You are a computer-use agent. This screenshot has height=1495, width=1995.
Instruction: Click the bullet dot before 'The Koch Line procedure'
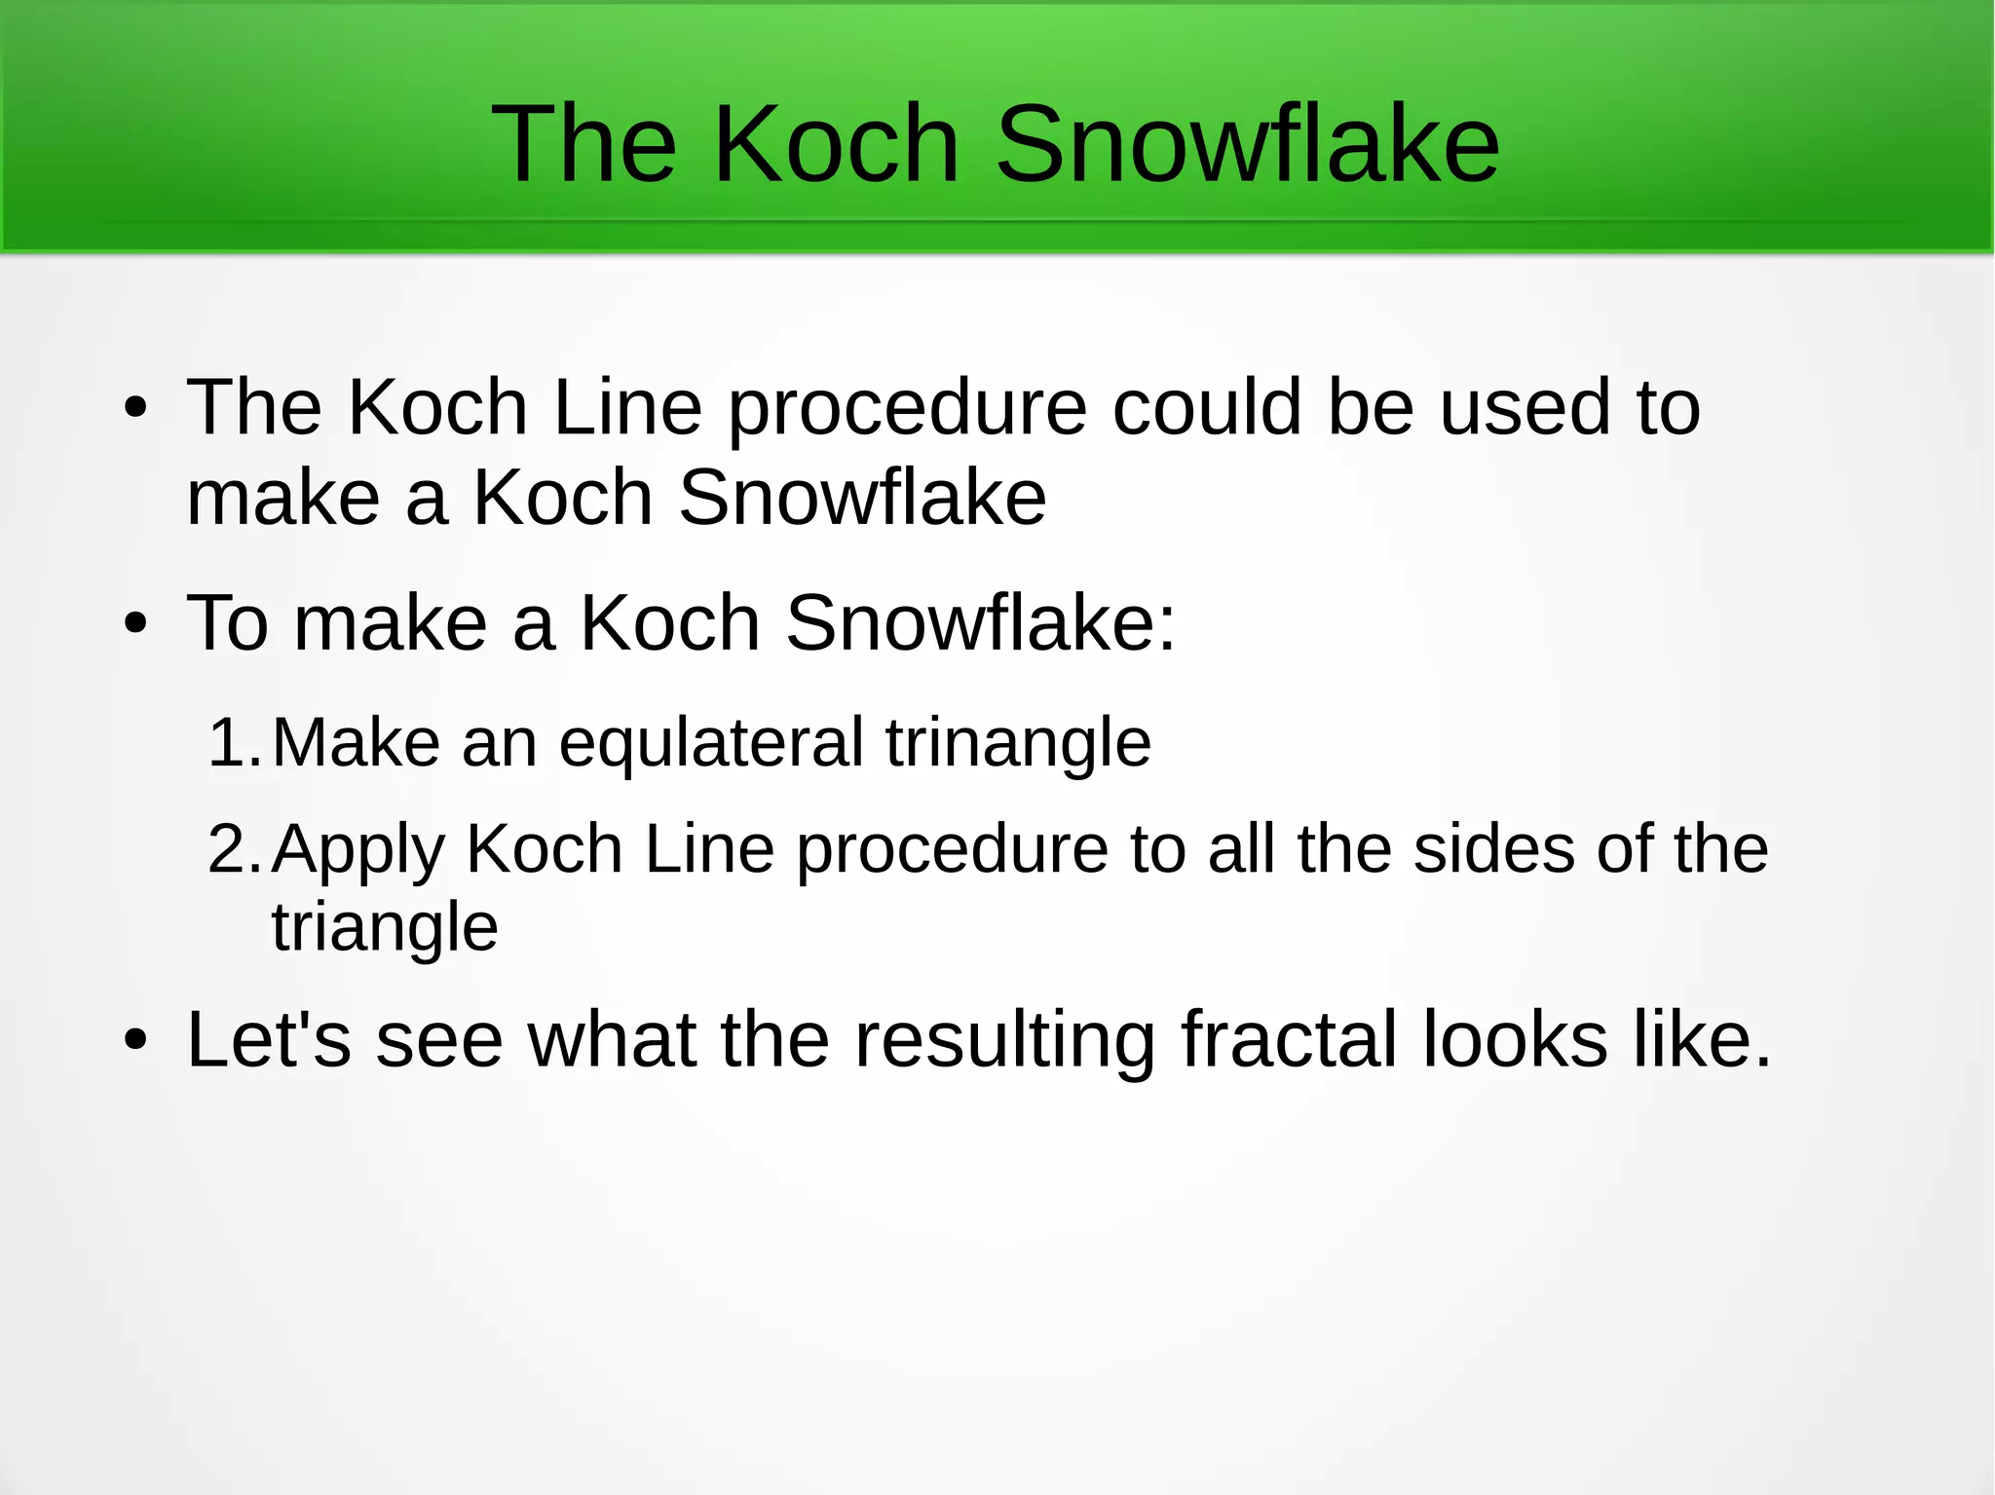(x=135, y=409)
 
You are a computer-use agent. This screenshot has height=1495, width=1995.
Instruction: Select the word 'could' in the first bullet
(x=1207, y=407)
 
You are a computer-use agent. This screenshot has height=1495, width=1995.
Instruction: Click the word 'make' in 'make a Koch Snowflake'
(x=283, y=498)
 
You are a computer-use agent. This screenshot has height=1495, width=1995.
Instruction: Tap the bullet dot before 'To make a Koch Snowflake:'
(x=135, y=624)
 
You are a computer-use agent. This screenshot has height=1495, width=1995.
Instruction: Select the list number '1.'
(x=235, y=742)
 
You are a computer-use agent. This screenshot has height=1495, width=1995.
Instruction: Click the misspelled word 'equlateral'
(x=711, y=744)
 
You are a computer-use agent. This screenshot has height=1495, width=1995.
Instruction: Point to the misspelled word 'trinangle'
(x=1018, y=744)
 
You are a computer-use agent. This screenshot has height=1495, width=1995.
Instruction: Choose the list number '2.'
(x=235, y=848)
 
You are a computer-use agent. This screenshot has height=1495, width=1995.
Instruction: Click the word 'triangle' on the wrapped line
(x=385, y=927)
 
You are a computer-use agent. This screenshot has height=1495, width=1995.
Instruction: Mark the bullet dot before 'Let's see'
(x=135, y=1041)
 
